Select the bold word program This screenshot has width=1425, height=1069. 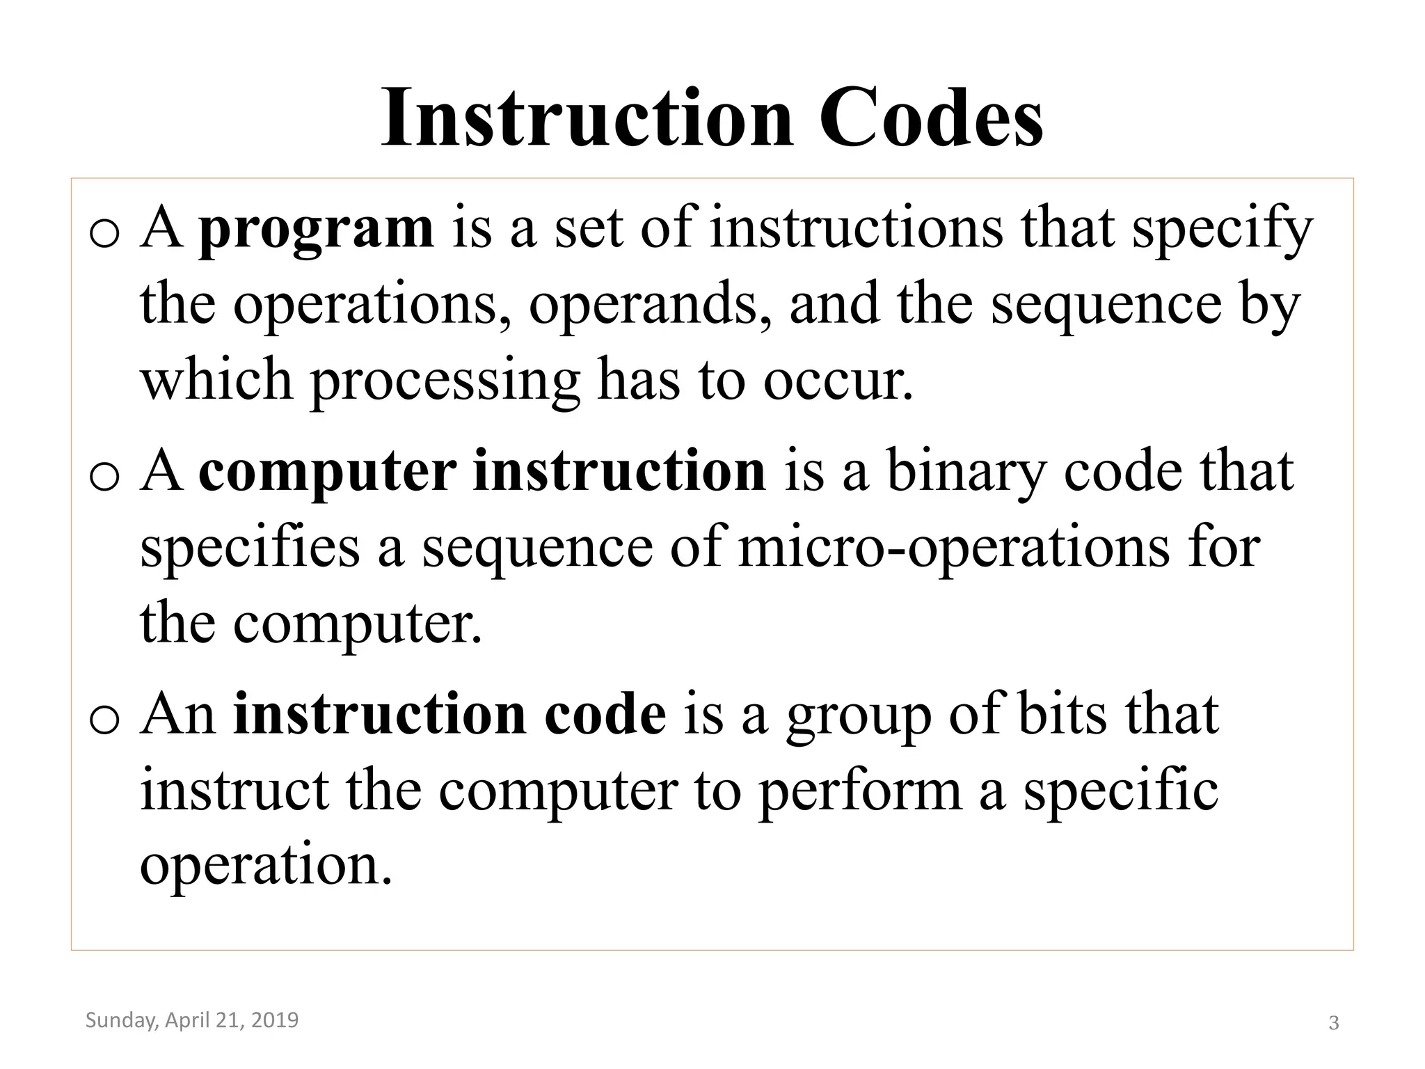316,230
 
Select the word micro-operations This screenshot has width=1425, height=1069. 953,547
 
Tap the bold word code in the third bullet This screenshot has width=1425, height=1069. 605,715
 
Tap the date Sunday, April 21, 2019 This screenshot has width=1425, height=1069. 192,1020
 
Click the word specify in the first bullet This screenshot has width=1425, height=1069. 1222,230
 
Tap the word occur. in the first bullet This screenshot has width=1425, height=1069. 838,382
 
